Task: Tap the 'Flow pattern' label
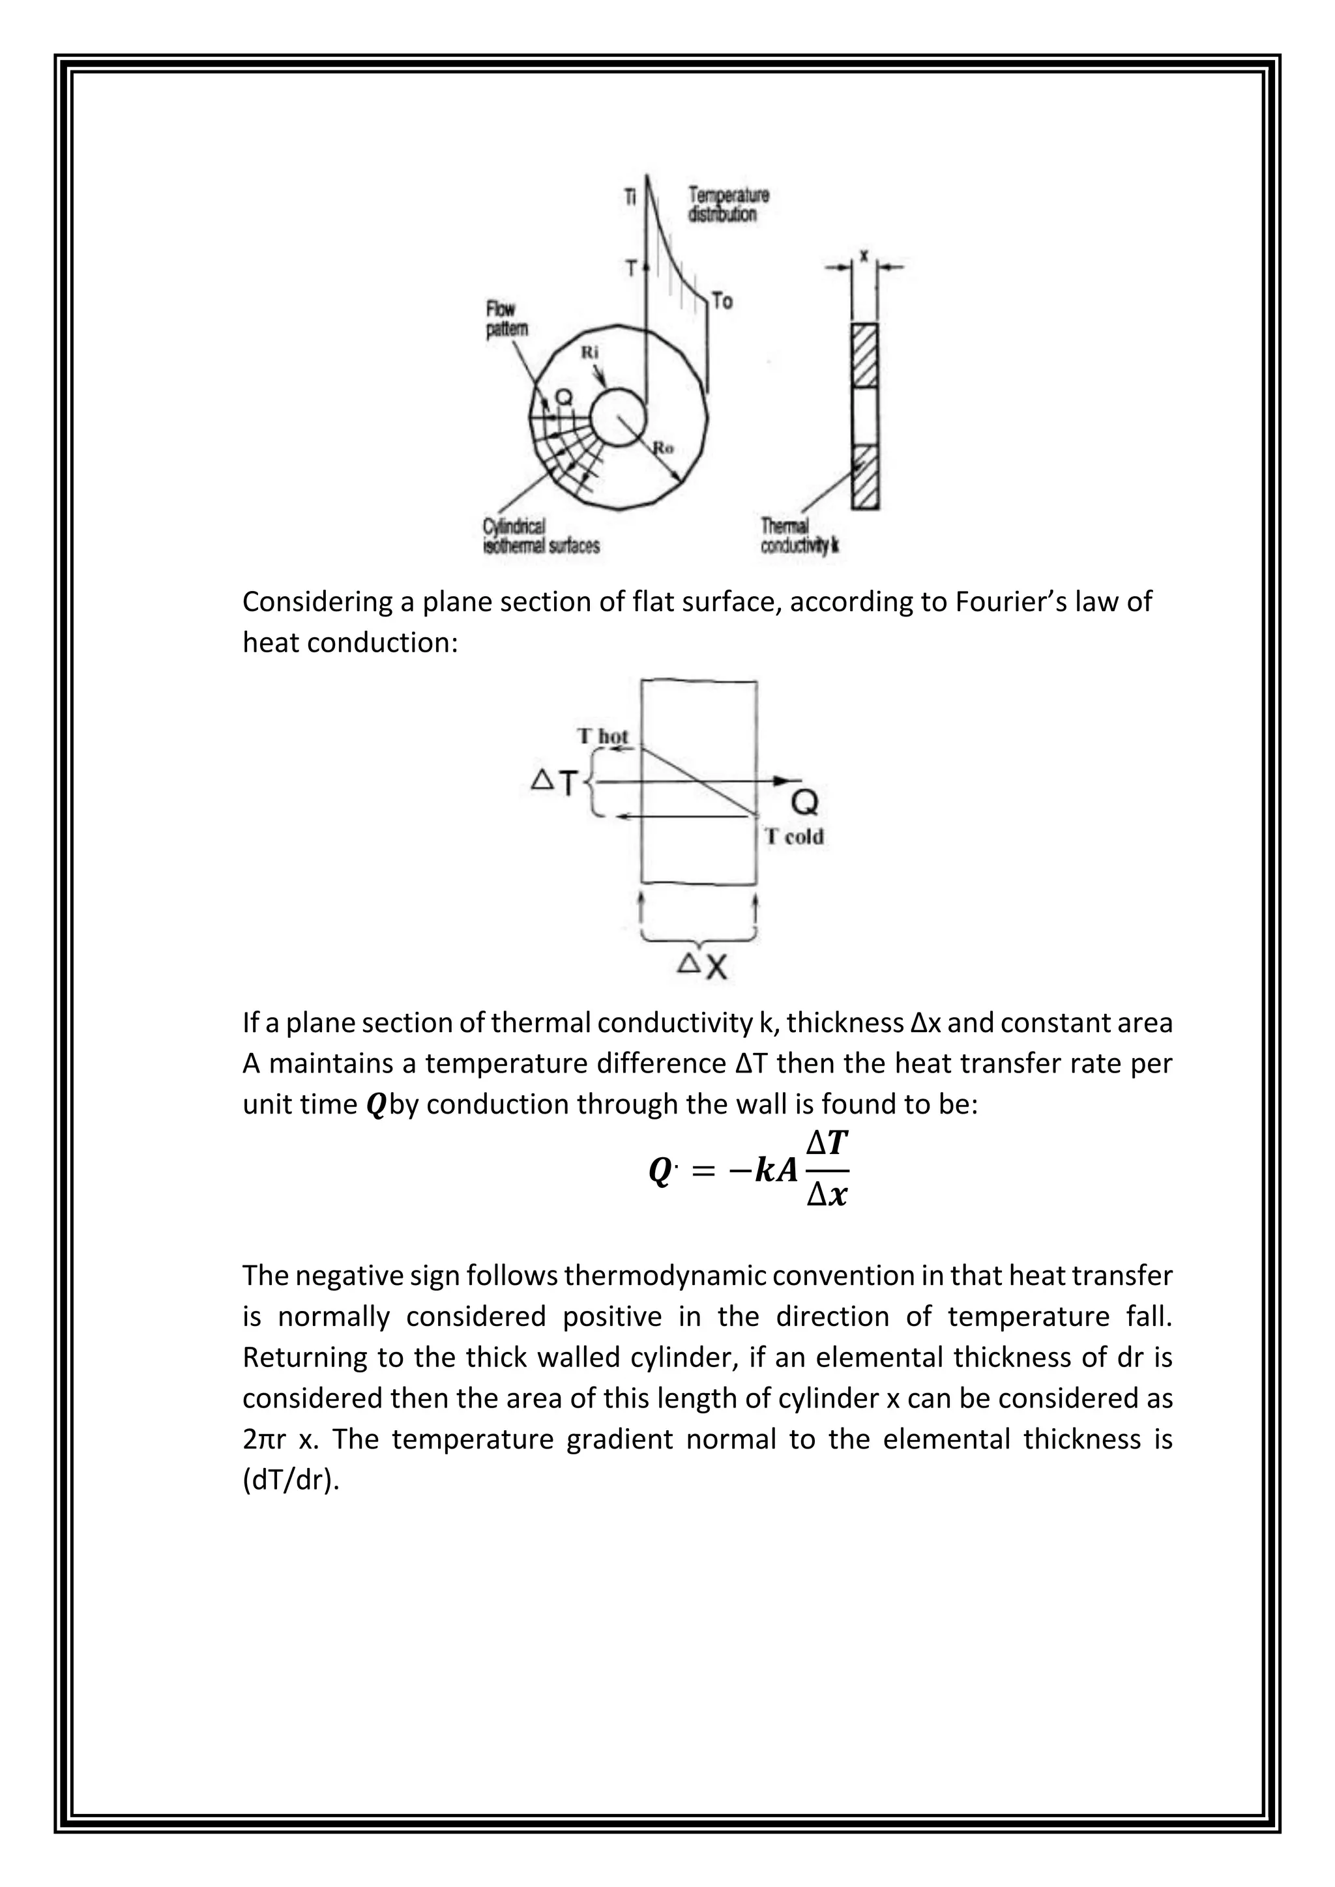(x=503, y=319)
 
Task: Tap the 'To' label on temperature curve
(x=722, y=301)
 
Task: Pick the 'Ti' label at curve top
(x=630, y=198)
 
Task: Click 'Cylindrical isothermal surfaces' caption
(x=540, y=536)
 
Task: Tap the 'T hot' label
(x=602, y=736)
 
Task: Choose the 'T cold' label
(x=793, y=837)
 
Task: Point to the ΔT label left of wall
(x=555, y=783)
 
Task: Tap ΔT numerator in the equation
(x=827, y=1144)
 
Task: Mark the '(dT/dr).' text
(x=291, y=1480)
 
